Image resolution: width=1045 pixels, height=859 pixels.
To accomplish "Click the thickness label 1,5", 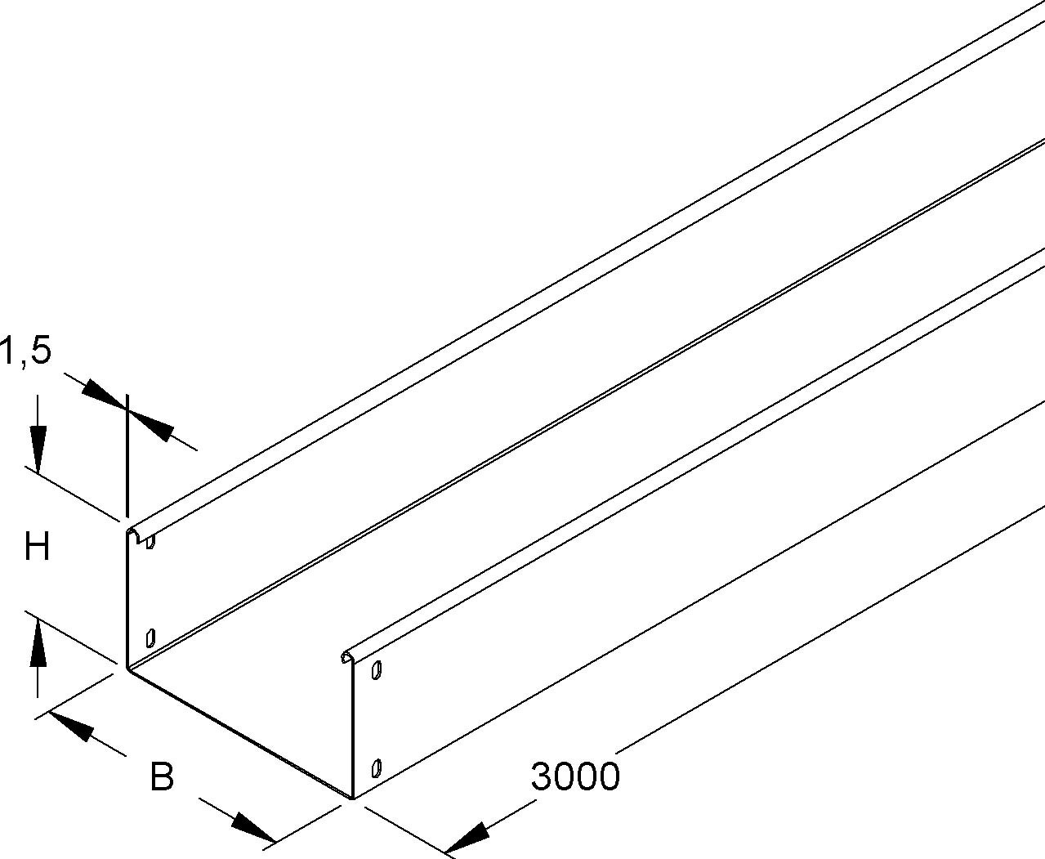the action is [x=26, y=350].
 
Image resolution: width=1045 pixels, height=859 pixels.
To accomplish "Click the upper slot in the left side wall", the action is [x=150, y=541].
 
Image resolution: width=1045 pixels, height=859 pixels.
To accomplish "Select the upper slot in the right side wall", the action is [x=377, y=670].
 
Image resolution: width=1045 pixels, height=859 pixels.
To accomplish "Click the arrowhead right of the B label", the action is [x=252, y=829].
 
